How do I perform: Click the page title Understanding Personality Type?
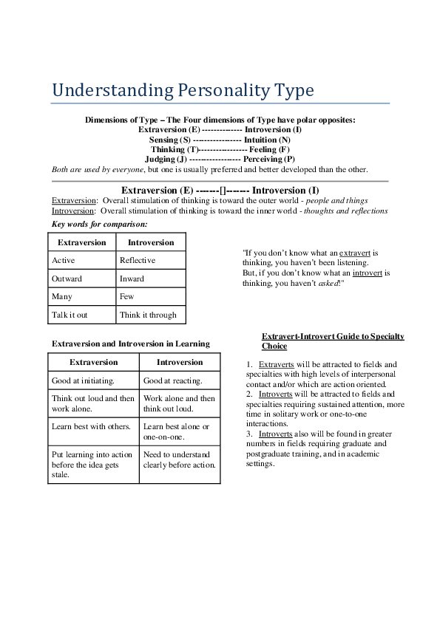click(x=183, y=91)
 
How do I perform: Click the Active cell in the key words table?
click(x=64, y=261)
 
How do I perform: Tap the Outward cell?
click(x=67, y=279)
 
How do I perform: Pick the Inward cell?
click(x=132, y=279)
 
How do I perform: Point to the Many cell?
click(x=62, y=297)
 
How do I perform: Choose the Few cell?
click(x=127, y=297)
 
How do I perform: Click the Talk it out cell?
click(x=70, y=315)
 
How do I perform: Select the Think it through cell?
click(x=148, y=315)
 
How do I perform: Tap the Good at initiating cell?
click(x=83, y=381)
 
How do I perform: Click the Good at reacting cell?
click(x=172, y=381)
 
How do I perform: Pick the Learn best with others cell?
click(x=91, y=427)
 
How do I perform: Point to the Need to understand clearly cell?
click(x=179, y=459)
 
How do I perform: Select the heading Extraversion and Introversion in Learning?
click(x=131, y=344)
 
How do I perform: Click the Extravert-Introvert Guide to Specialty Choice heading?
click(x=333, y=341)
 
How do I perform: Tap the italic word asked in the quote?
click(x=328, y=283)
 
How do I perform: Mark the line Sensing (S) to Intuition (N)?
click(x=220, y=140)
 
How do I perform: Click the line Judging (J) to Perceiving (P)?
click(x=220, y=159)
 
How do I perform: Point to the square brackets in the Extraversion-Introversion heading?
click(x=223, y=190)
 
